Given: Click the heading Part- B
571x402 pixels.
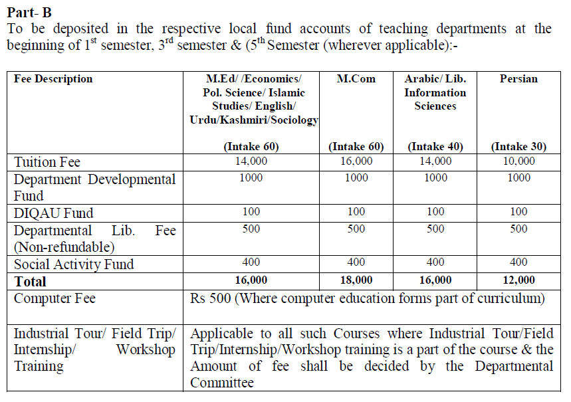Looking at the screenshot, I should pyautogui.click(x=29, y=12).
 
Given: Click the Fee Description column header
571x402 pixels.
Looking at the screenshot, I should pyautogui.click(x=53, y=79).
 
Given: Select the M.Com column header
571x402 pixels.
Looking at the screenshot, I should pyautogui.click(x=356, y=79).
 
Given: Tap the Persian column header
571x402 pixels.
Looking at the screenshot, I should pyautogui.click(x=518, y=79).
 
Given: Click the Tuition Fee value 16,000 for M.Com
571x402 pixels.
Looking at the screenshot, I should pyautogui.click(x=356, y=161).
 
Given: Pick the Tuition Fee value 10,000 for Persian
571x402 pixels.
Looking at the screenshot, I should pyautogui.click(x=518, y=161).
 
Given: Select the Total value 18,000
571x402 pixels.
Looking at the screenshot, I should pyautogui.click(x=356, y=280).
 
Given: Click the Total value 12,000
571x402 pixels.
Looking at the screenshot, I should pyautogui.click(x=518, y=280).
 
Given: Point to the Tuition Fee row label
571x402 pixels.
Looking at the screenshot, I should pyautogui.click(x=47, y=162).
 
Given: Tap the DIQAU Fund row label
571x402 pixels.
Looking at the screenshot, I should pyautogui.click(x=54, y=213).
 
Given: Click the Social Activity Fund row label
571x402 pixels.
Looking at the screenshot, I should pyautogui.click(x=74, y=264).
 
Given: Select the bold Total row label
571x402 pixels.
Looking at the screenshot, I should pyautogui.click(x=31, y=281).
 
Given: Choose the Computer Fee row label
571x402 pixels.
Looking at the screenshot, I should pyautogui.click(x=55, y=298).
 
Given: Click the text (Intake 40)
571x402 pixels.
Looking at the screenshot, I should pyautogui.click(x=435, y=146).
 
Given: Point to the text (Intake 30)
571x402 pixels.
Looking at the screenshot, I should pyautogui.click(x=518, y=146).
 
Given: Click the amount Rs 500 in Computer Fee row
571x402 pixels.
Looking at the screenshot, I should pyautogui.click(x=211, y=298).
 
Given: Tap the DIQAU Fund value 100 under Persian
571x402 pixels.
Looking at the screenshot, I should pyautogui.click(x=518, y=211).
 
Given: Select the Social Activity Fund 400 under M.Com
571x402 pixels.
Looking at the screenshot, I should pyautogui.click(x=356, y=262).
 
